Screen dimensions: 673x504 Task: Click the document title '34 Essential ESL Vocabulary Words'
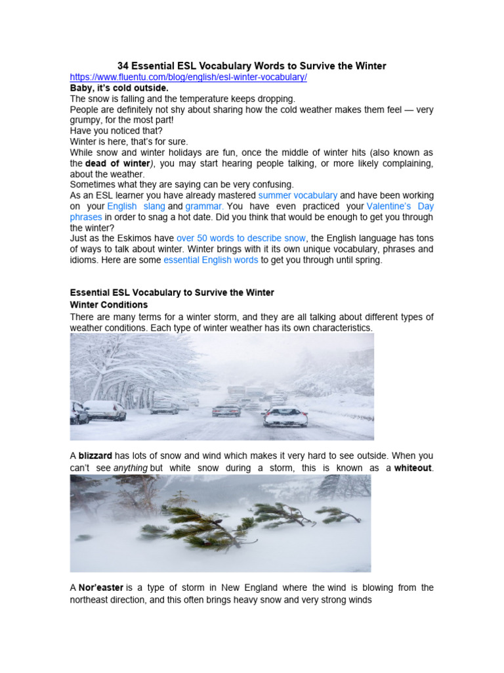coord(251,66)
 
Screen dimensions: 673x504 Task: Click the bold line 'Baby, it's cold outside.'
coord(119,87)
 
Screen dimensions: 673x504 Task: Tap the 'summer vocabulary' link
coord(298,195)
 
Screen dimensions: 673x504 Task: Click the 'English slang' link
coord(136,206)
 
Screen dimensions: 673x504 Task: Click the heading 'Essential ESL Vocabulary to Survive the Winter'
coord(172,292)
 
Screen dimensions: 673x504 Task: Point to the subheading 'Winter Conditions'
coord(109,305)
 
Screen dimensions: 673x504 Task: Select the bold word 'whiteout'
coord(413,467)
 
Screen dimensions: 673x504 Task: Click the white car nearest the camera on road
coord(285,417)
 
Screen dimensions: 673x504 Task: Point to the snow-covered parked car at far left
coord(78,412)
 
